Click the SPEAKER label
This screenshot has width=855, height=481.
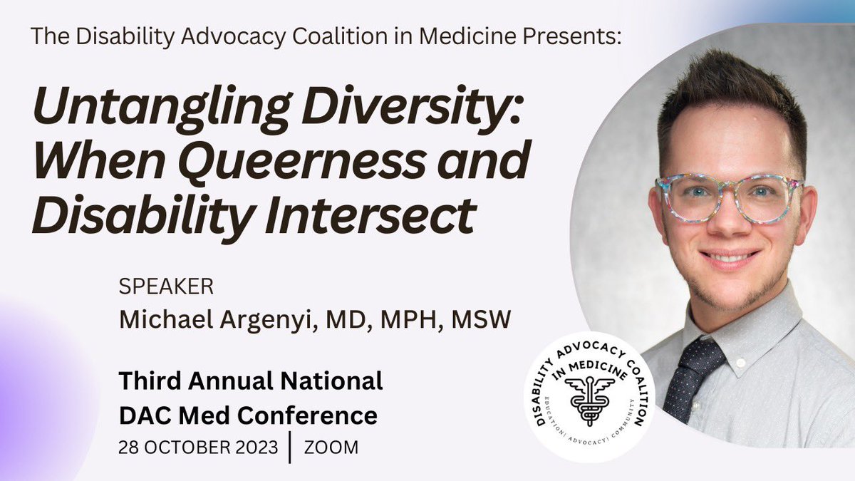point(167,288)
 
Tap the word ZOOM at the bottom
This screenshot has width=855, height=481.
point(331,448)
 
